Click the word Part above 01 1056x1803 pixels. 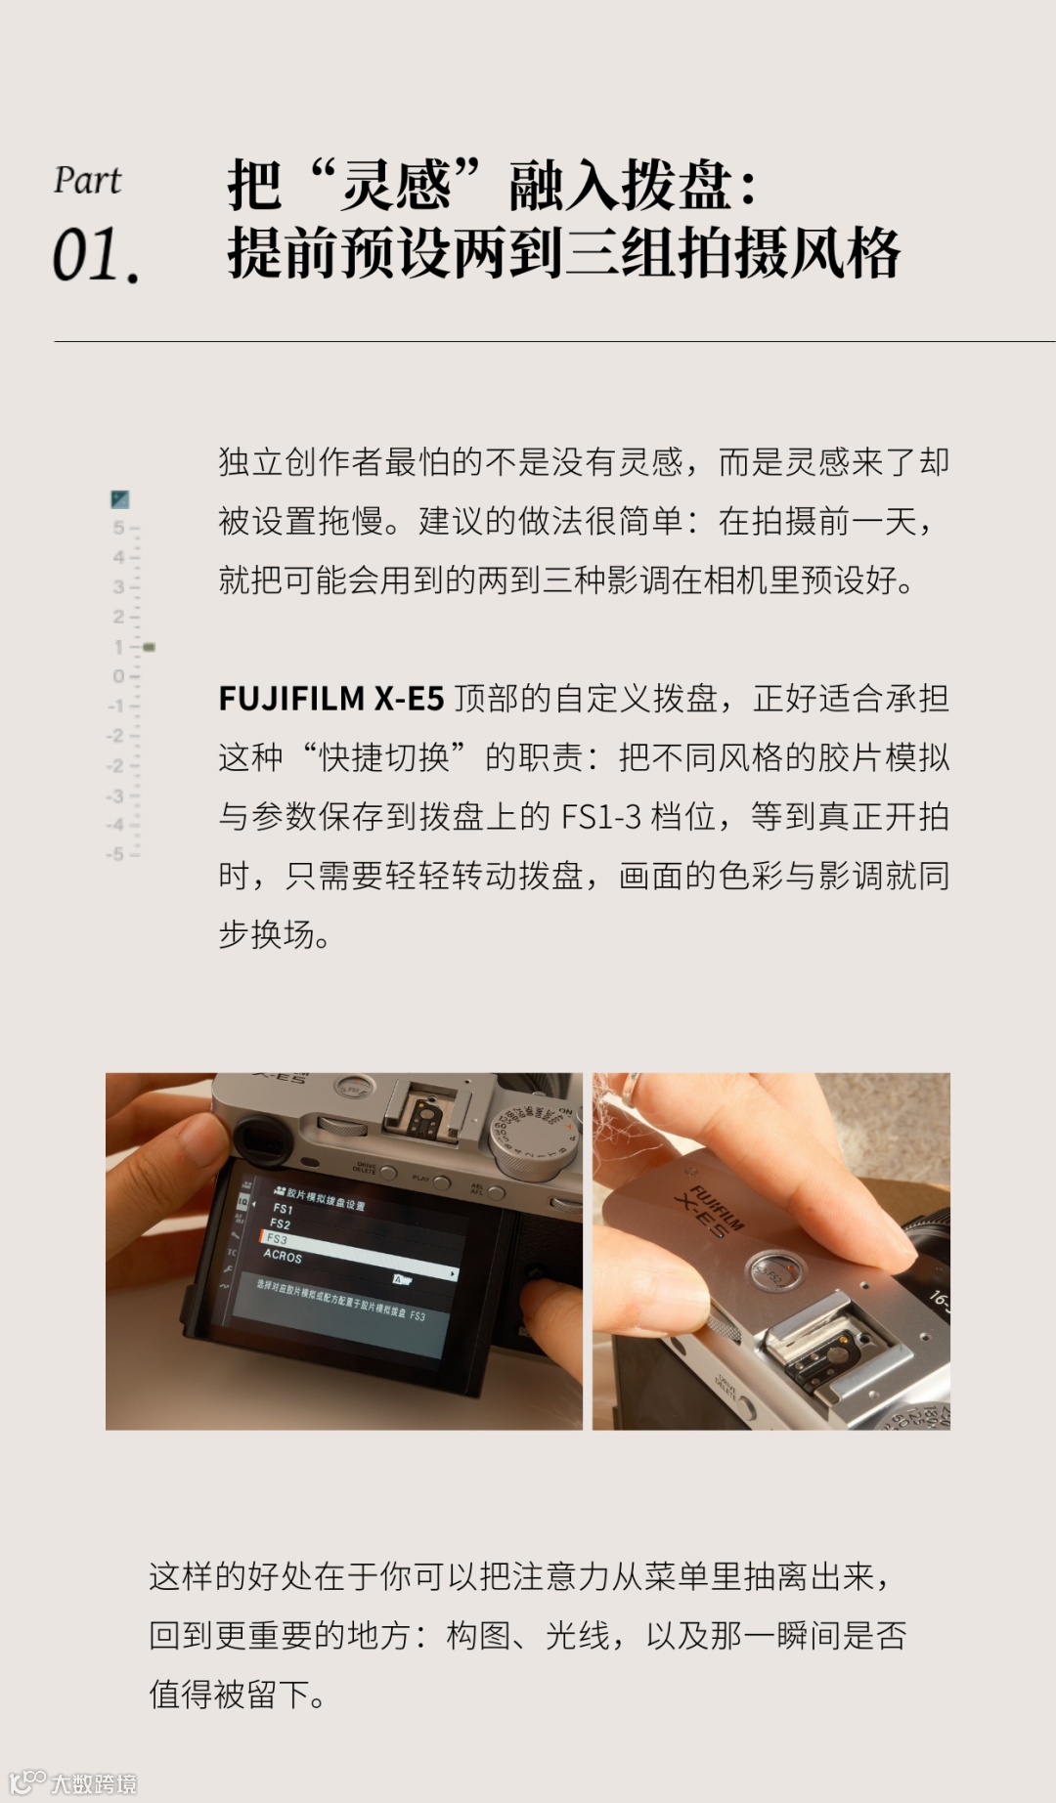coord(87,181)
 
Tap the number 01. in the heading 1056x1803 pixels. coord(96,256)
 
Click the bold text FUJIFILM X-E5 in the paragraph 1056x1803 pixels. coord(330,699)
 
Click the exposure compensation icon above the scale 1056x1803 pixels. coord(120,499)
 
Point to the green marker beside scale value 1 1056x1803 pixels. coord(149,647)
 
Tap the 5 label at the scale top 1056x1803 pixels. coord(118,528)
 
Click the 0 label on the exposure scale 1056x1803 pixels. coord(118,676)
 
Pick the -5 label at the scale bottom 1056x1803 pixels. coord(115,854)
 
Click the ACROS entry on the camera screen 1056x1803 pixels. coord(283,1256)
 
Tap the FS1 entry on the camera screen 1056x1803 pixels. coord(283,1209)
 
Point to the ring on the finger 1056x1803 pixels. coord(632,1088)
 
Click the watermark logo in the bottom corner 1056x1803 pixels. coord(72,1782)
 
